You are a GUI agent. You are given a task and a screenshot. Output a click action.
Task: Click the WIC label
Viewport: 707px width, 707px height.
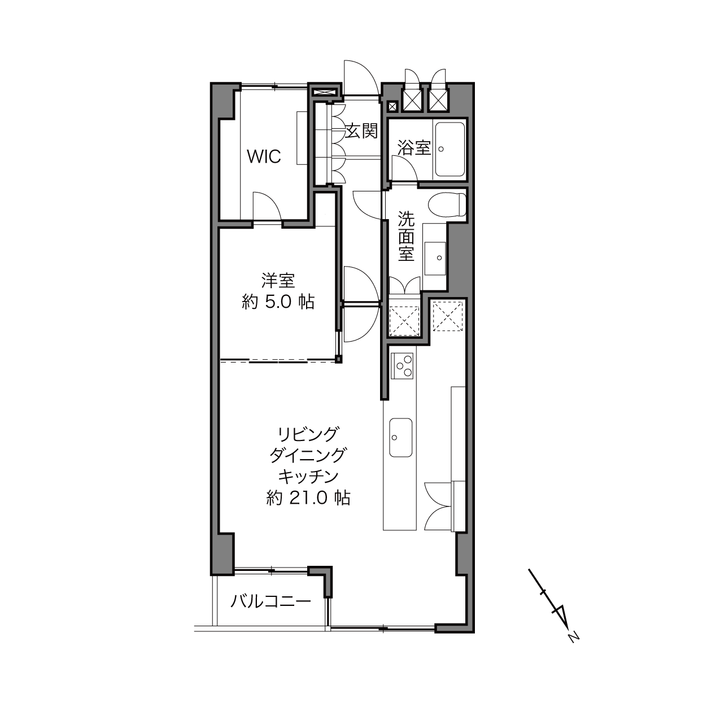(264, 156)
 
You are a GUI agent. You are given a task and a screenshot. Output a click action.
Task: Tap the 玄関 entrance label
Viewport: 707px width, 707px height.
(362, 130)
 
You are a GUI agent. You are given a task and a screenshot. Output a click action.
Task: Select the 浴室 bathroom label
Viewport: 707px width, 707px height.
(414, 147)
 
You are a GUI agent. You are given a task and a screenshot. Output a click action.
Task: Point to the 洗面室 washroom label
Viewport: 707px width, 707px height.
(406, 236)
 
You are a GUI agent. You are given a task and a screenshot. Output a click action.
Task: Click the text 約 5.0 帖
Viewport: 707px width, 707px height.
(278, 302)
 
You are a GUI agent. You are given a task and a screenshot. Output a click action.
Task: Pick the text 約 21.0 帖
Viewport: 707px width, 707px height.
(308, 498)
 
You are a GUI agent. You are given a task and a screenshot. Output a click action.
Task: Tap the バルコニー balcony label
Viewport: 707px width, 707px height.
(270, 612)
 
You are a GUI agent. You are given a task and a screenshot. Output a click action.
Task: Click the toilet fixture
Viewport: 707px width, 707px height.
(447, 205)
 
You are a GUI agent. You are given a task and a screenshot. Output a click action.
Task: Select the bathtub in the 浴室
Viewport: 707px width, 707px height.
(450, 149)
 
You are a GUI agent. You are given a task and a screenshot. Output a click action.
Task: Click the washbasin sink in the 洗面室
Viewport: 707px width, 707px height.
(435, 258)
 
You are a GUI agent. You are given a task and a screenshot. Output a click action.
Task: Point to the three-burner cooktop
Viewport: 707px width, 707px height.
(402, 366)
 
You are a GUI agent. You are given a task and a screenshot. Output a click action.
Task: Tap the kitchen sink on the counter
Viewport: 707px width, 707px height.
(400, 437)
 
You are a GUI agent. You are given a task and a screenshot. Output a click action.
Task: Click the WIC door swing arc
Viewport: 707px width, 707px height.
(270, 201)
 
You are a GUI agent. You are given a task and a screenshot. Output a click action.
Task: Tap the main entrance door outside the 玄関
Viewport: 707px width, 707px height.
(361, 77)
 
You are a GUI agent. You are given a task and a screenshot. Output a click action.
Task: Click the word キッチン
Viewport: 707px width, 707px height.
(308, 477)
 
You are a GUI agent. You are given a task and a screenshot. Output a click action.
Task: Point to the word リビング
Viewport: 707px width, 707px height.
(308, 434)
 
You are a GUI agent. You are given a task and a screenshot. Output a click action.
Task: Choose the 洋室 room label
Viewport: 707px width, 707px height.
(278, 280)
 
